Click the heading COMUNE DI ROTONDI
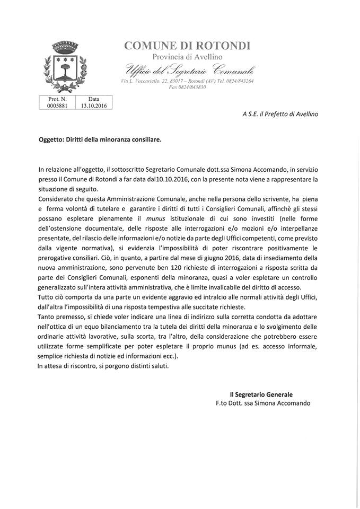[x=187, y=46]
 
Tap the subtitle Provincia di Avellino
[x=187, y=57]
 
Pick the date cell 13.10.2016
[x=93, y=105]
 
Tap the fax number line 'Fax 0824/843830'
[x=187, y=87]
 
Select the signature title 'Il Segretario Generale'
[x=261, y=394]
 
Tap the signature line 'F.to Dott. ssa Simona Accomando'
[x=263, y=403]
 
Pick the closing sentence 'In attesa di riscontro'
[x=71, y=365]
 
